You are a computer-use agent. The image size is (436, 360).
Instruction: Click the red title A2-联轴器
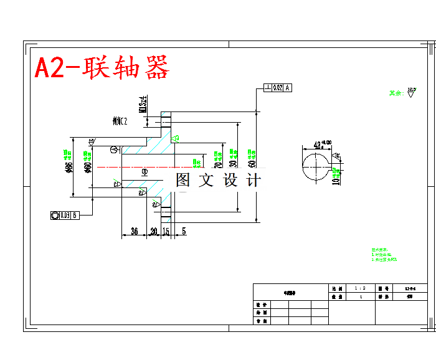[102, 68]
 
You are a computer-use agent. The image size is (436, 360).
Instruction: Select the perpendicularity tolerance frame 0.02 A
[278, 88]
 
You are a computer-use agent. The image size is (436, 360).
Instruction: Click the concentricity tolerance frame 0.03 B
[65, 216]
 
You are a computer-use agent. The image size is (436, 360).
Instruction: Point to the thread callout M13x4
[143, 103]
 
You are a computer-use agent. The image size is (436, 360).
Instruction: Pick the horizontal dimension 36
[134, 232]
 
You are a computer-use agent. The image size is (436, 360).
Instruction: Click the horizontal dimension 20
[154, 232]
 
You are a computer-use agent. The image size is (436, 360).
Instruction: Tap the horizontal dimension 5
[184, 232]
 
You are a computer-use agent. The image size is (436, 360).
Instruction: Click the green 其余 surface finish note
[396, 93]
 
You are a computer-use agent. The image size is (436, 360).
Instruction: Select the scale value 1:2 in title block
[359, 289]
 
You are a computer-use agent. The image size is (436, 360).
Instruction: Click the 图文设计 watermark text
[218, 181]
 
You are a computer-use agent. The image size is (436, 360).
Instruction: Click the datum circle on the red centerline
[145, 171]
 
